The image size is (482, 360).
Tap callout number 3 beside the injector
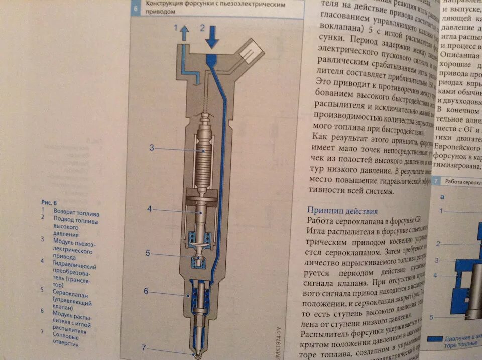point(151,148)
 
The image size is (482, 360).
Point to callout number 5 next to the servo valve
point(148,253)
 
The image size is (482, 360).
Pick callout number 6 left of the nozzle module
point(146,291)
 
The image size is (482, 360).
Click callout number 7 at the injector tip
point(144,347)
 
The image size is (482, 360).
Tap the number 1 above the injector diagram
point(176,29)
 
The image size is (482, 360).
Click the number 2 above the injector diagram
point(203,28)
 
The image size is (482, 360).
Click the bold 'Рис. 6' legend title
point(49,202)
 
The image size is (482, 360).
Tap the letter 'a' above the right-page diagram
point(442,197)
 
